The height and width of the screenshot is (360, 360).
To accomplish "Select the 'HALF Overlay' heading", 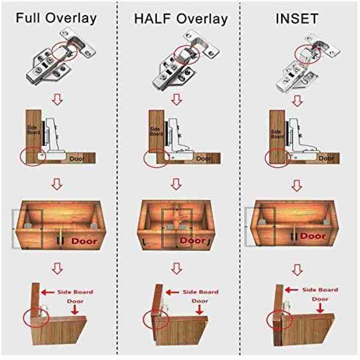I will pyautogui.click(x=181, y=19).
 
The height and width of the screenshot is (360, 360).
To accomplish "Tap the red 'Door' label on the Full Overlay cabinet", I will pyautogui.click(x=84, y=241).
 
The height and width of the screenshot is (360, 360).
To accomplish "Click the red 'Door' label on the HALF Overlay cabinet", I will pyautogui.click(x=193, y=241).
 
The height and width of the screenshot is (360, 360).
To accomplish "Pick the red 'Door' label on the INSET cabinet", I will pyautogui.click(x=313, y=236).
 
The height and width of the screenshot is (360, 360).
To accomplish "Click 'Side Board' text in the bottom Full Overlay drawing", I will pyautogui.click(x=76, y=292).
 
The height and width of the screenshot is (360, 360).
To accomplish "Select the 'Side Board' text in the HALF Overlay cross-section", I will pyautogui.click(x=157, y=130).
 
